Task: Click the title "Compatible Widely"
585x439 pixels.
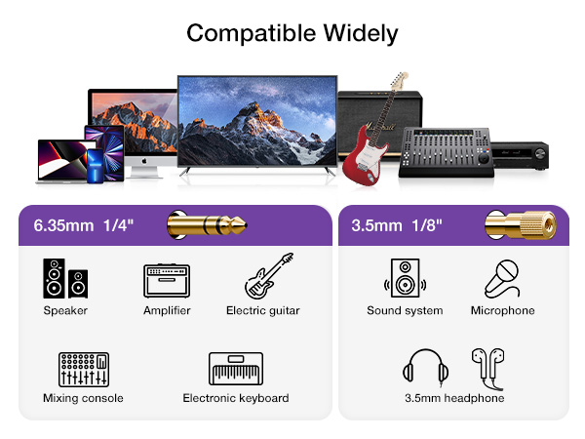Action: click(292, 33)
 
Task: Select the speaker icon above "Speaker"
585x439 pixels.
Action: click(65, 277)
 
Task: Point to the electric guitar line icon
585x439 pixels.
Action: click(268, 276)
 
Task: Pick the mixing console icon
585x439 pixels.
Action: click(83, 369)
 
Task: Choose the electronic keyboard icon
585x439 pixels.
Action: click(236, 369)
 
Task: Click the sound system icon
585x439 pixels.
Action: click(404, 278)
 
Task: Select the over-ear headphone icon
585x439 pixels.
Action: click(426, 369)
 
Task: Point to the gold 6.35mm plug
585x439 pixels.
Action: click(206, 225)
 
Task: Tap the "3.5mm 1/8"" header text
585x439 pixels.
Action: click(398, 226)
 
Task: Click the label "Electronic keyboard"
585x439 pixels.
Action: click(236, 398)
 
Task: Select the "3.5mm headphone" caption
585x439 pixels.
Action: click(454, 398)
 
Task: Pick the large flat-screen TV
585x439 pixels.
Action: click(257, 127)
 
